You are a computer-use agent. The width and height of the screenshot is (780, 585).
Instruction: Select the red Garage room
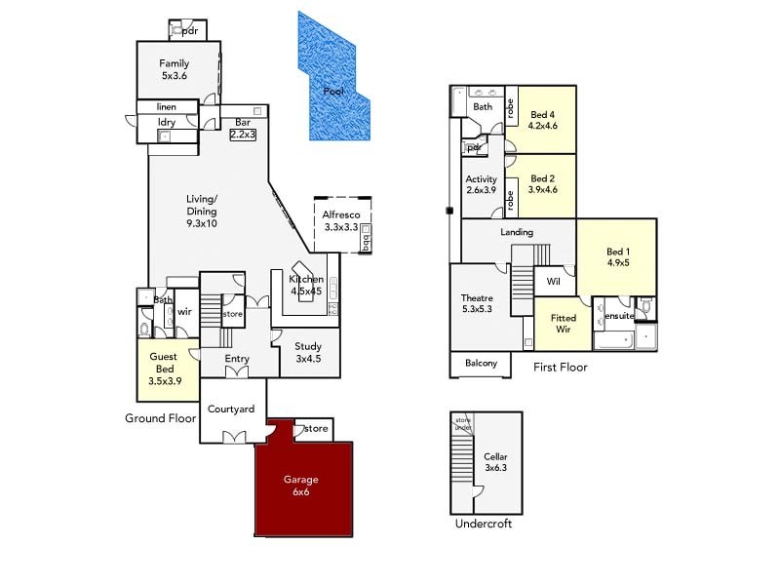pyautogui.click(x=301, y=486)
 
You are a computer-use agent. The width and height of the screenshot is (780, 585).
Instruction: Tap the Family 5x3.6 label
pyautogui.click(x=175, y=69)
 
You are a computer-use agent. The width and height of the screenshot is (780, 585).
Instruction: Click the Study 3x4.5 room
pyautogui.click(x=307, y=351)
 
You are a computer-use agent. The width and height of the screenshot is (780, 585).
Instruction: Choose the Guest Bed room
pyautogui.click(x=164, y=370)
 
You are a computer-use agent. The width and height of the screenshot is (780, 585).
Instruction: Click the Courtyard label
pyautogui.click(x=232, y=409)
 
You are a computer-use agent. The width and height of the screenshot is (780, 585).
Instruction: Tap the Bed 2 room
pyautogui.click(x=542, y=185)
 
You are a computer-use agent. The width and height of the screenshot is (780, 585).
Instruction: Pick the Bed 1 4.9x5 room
pyautogui.click(x=616, y=255)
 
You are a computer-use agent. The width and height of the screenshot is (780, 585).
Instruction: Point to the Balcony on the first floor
pyautogui.click(x=480, y=364)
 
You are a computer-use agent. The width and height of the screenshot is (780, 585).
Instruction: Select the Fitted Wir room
pyautogui.click(x=564, y=324)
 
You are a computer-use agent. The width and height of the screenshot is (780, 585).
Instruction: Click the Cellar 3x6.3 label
pyautogui.click(x=495, y=462)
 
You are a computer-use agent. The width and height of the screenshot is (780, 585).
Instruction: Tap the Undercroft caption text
pyautogui.click(x=483, y=524)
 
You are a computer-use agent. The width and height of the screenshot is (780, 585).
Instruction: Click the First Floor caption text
pyautogui.click(x=560, y=368)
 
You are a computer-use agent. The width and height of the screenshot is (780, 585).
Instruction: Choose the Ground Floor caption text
pyautogui.click(x=161, y=417)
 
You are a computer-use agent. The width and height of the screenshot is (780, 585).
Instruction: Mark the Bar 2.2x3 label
pyautogui.click(x=242, y=129)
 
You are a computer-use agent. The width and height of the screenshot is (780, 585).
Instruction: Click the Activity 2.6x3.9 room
pyautogui.click(x=482, y=185)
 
